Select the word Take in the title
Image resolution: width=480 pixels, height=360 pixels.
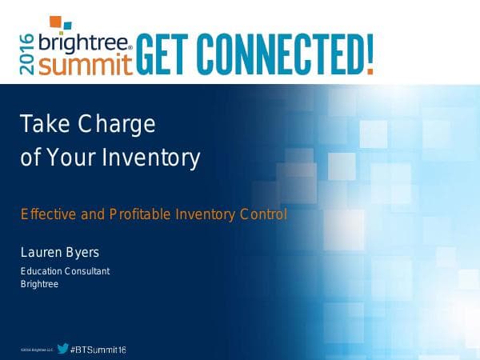(45, 125)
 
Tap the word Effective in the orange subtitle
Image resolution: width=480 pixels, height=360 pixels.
(45, 214)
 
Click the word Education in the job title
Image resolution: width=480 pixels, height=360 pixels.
(43, 271)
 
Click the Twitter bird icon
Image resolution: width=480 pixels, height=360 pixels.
(62, 349)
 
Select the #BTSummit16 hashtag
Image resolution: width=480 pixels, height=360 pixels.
(98, 350)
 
